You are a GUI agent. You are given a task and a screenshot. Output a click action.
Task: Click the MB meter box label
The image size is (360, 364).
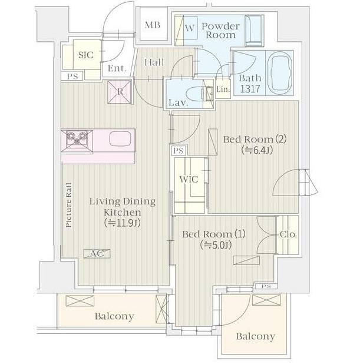tap(153, 25)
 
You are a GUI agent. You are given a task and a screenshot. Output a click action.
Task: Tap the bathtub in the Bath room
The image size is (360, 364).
tap(279, 72)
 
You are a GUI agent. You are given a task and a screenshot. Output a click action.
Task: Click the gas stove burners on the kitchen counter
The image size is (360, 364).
tap(77, 139)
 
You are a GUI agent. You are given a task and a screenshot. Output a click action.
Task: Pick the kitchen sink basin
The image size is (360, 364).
tap(120, 138)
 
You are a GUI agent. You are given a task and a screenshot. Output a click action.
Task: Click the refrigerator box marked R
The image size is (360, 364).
tap(120, 92)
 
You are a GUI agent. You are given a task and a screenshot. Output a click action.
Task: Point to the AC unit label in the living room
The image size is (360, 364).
tap(97, 254)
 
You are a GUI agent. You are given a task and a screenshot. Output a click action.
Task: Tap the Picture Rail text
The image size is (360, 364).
tap(69, 206)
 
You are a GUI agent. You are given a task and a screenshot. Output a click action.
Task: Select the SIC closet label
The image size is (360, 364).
tap(85, 55)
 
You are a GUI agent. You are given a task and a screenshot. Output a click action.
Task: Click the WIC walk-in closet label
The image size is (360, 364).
tap(189, 180)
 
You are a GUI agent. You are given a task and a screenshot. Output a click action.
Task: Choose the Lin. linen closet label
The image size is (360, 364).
tap(223, 89)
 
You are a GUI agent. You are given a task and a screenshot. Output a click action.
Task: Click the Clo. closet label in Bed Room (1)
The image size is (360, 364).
tap(288, 234)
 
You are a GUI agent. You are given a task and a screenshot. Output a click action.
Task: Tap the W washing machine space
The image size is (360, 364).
tap(190, 28)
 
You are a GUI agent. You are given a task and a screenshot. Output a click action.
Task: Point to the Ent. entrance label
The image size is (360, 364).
tap(117, 68)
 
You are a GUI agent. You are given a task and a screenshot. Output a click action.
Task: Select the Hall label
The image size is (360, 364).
tap(154, 62)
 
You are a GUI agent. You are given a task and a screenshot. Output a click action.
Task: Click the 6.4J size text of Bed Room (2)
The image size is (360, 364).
tap(257, 150)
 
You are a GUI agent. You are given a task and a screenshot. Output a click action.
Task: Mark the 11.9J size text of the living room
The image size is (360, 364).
tap(123, 223)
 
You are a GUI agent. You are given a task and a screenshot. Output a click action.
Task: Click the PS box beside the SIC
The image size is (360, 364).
tap(72, 76)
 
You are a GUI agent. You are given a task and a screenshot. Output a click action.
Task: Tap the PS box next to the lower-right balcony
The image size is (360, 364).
tap(266, 286)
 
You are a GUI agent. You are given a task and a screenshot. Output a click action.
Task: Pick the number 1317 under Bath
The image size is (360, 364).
tap(250, 89)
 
